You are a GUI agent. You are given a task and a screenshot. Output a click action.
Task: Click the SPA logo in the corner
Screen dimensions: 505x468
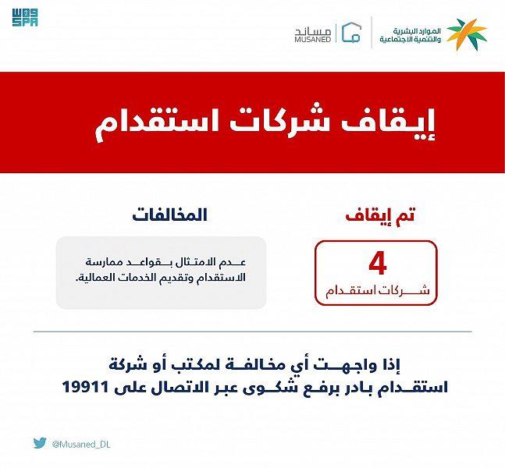coord(25,18)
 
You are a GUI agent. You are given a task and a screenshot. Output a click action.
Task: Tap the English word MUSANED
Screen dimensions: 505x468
coord(313,39)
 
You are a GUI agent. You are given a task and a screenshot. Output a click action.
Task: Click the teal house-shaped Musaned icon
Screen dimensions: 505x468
coord(351,33)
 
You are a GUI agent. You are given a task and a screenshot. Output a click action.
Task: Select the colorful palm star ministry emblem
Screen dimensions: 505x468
coord(467,34)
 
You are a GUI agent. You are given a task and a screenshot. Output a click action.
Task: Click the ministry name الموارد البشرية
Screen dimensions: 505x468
coord(417,31)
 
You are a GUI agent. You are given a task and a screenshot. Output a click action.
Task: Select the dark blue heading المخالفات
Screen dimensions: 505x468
coord(169,214)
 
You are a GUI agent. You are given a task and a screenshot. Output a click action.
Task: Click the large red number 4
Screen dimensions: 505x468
coord(378,264)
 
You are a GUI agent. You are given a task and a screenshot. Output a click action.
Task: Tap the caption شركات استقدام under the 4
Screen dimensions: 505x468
coord(378,290)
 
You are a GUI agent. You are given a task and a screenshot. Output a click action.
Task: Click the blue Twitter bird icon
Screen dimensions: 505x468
coord(40,443)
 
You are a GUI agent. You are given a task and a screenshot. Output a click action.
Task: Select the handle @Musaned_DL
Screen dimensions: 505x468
coord(81,445)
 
